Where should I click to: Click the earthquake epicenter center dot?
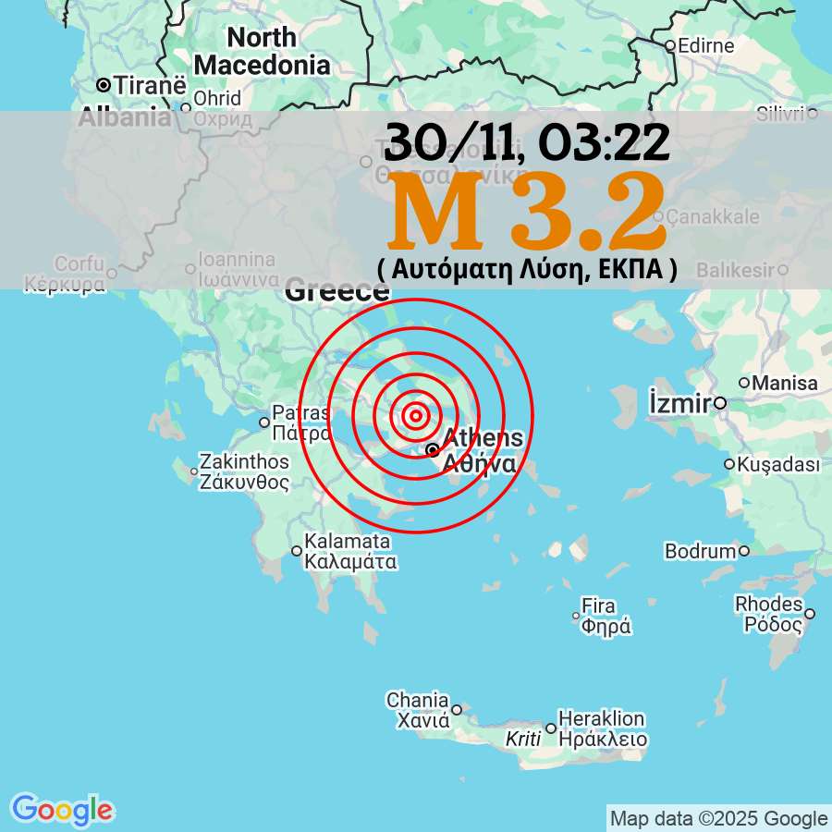pyautogui.click(x=416, y=416)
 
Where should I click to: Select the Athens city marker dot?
pyautogui.click(x=433, y=450)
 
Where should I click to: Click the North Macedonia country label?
pyautogui.click(x=263, y=52)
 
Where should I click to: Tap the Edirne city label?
pyautogui.click(x=705, y=45)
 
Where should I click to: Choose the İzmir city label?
pyautogui.click(x=679, y=403)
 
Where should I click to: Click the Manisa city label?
pyautogui.click(x=785, y=383)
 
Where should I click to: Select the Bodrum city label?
pyautogui.click(x=700, y=551)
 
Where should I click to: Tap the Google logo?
pyautogui.click(x=62, y=810)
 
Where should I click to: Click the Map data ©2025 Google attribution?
pyautogui.click(x=718, y=818)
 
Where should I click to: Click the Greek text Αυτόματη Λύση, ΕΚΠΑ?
pyautogui.click(x=527, y=269)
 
